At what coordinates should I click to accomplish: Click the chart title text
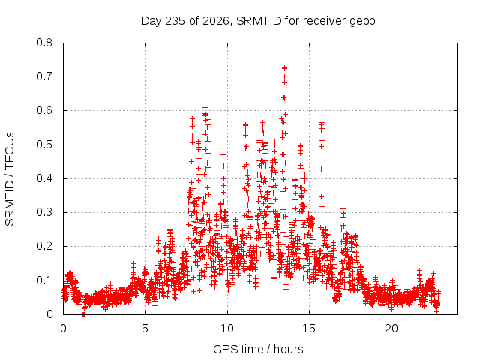click(258, 21)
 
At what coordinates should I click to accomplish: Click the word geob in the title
click(363, 22)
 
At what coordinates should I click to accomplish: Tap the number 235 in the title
click(175, 21)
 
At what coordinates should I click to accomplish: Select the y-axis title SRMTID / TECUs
click(10, 179)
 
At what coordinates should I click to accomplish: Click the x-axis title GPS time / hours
click(258, 349)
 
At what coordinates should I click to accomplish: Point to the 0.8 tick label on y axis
click(44, 43)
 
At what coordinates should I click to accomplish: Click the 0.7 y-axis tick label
click(44, 76)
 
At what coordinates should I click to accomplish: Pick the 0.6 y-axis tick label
click(44, 110)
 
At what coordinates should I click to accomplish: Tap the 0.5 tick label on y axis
click(44, 145)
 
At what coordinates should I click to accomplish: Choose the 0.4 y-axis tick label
click(44, 178)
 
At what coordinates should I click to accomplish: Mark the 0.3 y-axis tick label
click(44, 212)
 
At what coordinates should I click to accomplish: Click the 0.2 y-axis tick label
click(44, 246)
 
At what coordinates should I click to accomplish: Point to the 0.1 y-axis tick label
click(44, 280)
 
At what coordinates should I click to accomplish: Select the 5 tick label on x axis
click(145, 328)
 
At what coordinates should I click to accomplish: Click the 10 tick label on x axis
click(227, 328)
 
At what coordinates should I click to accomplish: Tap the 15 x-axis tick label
click(309, 328)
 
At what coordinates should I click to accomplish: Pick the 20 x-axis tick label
click(391, 328)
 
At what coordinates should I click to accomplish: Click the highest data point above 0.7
click(285, 67)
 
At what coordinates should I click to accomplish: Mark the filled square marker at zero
click(83, 315)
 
